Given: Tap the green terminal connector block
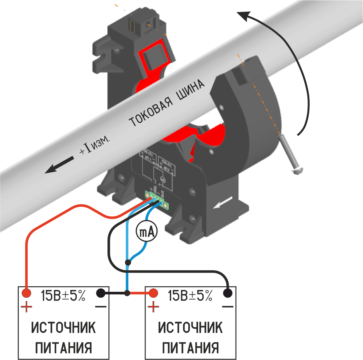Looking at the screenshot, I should click(x=156, y=200).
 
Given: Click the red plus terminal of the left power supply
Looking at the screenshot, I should click(x=26, y=293).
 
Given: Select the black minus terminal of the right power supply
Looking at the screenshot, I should click(x=228, y=293).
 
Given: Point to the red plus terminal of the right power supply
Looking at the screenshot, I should click(x=153, y=293).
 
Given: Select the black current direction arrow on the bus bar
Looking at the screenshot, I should click(x=60, y=165).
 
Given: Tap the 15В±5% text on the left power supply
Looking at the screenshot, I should click(x=63, y=295).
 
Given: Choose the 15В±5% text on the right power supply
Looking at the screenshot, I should click(x=190, y=295).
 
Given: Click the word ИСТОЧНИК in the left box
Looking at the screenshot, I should click(x=64, y=327).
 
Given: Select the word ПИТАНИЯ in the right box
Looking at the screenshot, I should click(x=190, y=348).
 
